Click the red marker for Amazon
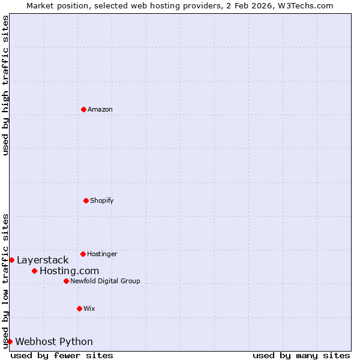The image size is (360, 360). tap(83, 109)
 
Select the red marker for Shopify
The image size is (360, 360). tap(86, 200)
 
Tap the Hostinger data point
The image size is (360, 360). tap(83, 254)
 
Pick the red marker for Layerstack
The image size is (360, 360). tap(11, 260)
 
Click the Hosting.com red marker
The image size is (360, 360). tap(34, 271)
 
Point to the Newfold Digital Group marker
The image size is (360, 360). tap(66, 281)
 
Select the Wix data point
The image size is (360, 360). tap(79, 308)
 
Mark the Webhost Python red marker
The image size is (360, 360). tap(10, 341)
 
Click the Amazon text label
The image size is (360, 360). tap(100, 109)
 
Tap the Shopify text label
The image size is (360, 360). tap(102, 200)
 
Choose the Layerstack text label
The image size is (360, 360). tap(43, 260)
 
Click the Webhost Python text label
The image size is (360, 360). tap(54, 341)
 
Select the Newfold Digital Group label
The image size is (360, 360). tap(105, 281)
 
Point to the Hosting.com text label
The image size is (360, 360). tap(69, 271)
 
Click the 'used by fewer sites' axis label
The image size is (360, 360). tap(62, 355)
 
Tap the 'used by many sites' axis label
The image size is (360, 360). tap(301, 355)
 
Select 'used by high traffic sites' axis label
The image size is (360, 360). tap(5, 85)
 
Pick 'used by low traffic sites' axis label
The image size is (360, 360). tap(5, 281)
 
